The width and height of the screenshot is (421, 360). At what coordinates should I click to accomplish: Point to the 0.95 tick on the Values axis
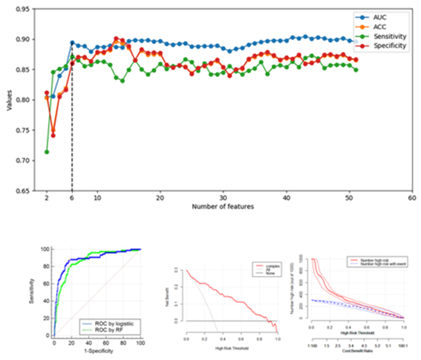click(x=25, y=9)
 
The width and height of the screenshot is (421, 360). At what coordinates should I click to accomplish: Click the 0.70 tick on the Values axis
click(x=25, y=160)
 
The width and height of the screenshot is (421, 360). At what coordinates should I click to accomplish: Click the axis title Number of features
click(x=223, y=207)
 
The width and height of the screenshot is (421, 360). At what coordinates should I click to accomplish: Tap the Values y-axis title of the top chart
click(x=9, y=100)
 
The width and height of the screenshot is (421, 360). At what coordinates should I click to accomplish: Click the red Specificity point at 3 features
click(x=53, y=135)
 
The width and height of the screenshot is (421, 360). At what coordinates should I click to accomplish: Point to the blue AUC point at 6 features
click(x=72, y=43)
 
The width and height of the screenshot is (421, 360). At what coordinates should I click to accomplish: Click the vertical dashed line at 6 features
click(x=72, y=120)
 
